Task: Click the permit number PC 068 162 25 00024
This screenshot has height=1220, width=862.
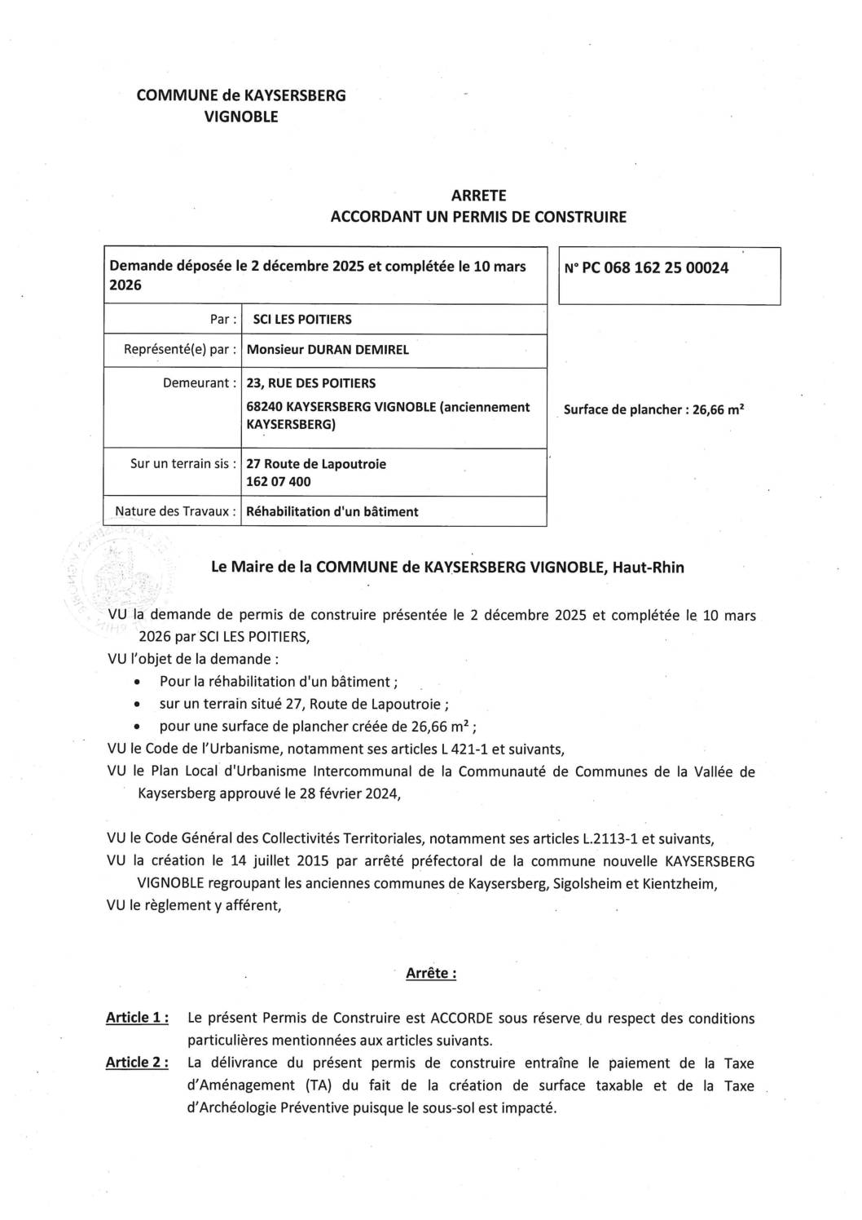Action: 645,267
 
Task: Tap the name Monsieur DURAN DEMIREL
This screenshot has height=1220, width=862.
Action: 328,350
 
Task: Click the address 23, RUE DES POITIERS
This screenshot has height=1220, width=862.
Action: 310,382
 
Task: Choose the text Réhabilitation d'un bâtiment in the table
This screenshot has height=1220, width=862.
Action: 332,511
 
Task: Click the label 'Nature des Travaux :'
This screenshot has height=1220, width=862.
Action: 176,511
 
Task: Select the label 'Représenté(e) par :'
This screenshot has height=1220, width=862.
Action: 180,350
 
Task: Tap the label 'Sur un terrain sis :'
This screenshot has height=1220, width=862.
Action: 183,463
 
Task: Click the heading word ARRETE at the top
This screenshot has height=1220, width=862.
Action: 478,196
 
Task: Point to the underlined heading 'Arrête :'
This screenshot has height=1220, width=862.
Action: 431,973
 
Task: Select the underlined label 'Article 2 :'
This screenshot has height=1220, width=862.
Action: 137,1063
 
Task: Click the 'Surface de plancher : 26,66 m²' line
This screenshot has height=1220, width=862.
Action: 654,409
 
